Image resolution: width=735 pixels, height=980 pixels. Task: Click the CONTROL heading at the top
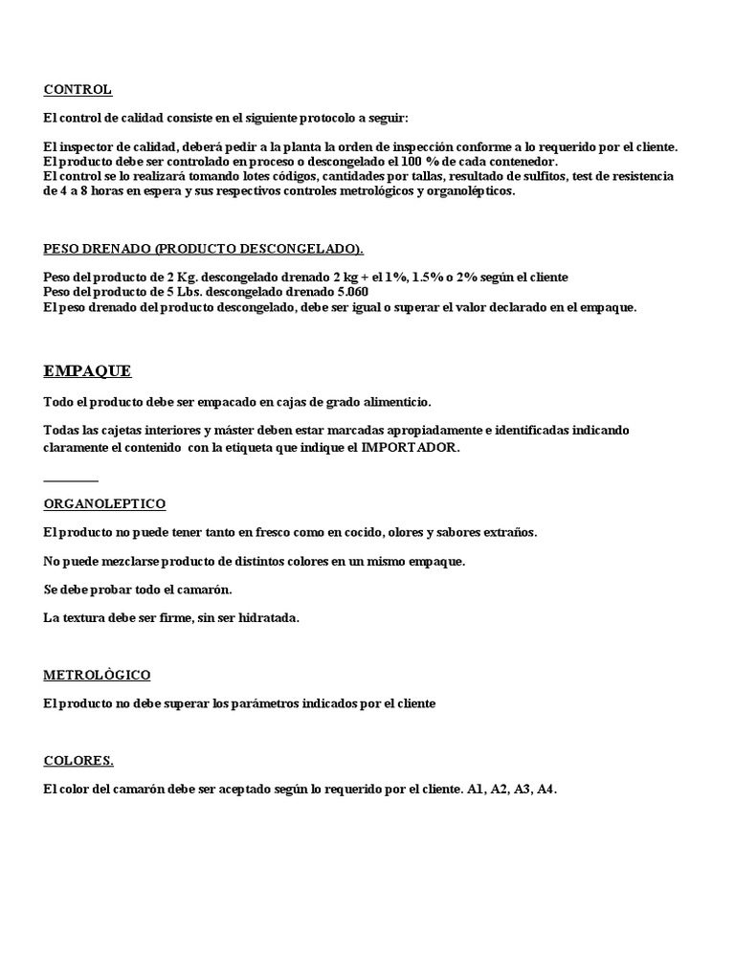point(78,90)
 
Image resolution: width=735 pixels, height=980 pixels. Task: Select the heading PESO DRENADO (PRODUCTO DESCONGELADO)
point(203,249)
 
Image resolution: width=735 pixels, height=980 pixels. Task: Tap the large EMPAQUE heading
point(87,371)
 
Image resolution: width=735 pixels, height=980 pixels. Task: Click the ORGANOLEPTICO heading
point(104,503)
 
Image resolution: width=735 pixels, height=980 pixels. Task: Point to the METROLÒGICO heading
point(97,675)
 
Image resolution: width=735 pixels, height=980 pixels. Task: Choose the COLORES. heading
point(78,761)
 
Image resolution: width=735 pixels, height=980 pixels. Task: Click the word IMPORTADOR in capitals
point(410,447)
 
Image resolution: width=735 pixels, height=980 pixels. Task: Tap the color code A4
point(546,790)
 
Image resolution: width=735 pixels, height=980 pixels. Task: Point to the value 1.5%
point(427,278)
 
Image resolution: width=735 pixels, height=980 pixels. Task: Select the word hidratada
point(270,617)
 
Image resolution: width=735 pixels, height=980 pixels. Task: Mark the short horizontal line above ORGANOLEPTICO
point(71,479)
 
